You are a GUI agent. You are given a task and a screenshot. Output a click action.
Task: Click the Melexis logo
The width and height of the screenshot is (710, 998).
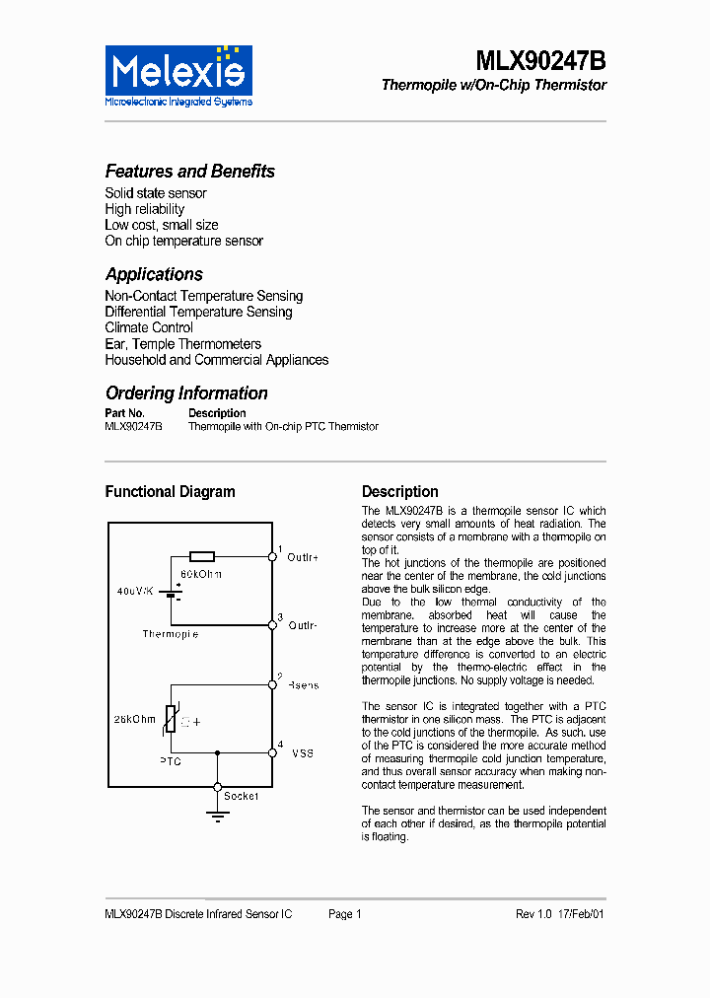178,75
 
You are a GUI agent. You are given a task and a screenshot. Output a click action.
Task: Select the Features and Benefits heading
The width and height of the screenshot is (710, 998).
189,172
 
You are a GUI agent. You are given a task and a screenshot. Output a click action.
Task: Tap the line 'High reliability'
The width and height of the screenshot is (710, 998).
144,209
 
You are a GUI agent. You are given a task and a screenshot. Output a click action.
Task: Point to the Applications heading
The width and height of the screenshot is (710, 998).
154,274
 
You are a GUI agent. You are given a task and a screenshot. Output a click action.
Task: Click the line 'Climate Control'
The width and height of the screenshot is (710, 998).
149,327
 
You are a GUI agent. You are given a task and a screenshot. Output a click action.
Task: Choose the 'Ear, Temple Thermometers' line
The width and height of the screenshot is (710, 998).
182,344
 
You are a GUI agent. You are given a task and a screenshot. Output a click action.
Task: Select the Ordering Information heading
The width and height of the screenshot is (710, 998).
186,392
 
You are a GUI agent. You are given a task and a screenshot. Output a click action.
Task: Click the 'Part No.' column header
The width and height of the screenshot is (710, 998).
124,413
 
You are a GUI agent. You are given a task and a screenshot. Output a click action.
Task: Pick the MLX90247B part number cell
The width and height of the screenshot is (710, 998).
133,427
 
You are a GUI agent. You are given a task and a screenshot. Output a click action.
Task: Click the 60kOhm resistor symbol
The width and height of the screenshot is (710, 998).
202,556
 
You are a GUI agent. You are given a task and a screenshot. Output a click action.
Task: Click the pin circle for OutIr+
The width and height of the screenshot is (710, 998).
272,556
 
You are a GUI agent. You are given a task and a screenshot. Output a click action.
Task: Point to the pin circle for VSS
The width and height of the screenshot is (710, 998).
272,752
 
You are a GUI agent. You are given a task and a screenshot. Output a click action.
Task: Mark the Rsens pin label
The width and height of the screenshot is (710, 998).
303,685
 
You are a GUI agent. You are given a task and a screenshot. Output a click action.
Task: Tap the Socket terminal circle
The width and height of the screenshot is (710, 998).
218,787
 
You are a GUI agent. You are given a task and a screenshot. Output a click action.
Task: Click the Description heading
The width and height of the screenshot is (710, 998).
399,491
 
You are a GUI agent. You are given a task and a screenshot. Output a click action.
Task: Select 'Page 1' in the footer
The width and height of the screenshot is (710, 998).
345,914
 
